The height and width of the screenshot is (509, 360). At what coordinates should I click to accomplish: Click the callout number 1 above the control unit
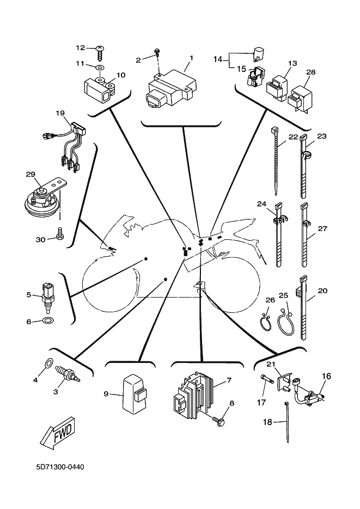(x=191, y=58)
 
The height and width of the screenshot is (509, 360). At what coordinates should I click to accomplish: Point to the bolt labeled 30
(x=59, y=235)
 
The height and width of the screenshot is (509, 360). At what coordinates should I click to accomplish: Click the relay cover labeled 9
(x=134, y=392)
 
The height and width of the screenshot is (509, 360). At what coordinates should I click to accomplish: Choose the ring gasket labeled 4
(x=48, y=362)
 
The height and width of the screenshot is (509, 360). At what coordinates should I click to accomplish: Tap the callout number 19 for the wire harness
(x=60, y=113)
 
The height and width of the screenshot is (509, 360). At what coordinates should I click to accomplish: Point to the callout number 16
(x=327, y=375)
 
